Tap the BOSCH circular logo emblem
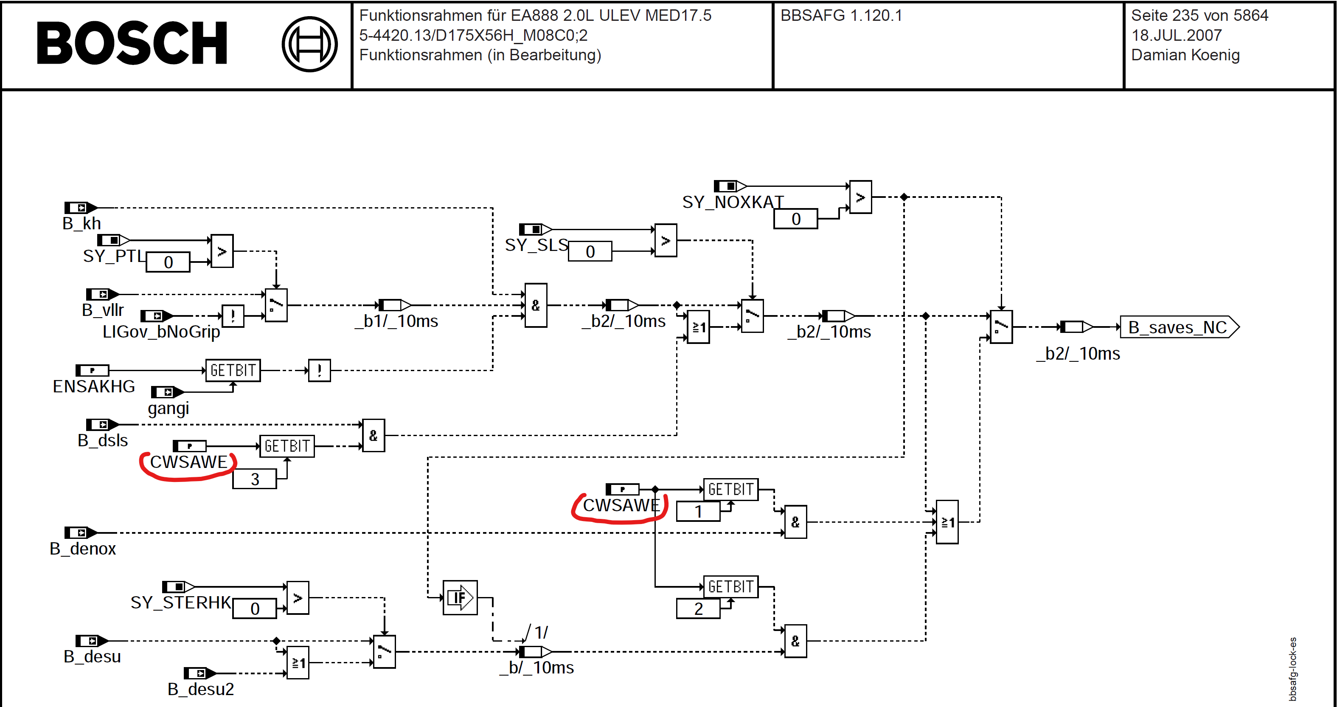(x=309, y=44)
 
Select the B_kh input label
(x=81, y=224)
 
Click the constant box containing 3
(x=254, y=479)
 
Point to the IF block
(x=460, y=597)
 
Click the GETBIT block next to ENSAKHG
(x=233, y=370)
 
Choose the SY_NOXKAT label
(x=733, y=202)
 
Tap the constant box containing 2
(x=698, y=608)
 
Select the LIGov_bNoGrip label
(x=161, y=332)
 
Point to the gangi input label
(x=168, y=408)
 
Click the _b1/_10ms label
(x=396, y=321)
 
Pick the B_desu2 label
(x=200, y=689)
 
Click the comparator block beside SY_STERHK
(x=298, y=597)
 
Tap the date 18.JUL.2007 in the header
(x=1177, y=35)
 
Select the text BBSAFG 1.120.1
(x=841, y=16)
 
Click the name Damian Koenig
(x=1185, y=55)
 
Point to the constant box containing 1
(x=698, y=511)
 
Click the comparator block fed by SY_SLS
(x=666, y=240)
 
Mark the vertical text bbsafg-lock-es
(x=1292, y=669)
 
